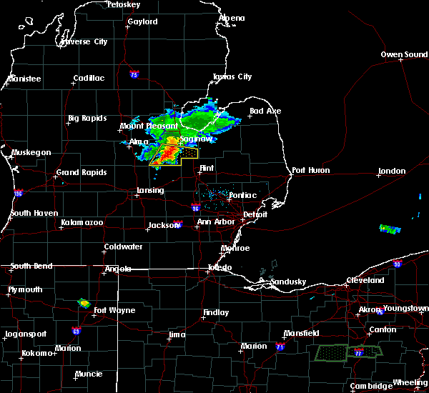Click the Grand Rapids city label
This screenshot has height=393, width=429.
click(82, 172)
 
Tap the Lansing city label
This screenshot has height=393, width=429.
click(150, 191)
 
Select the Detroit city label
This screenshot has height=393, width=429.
click(255, 214)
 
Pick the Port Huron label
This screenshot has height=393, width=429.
click(309, 171)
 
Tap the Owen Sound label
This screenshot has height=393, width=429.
click(403, 55)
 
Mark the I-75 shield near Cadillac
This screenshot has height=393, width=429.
click(134, 74)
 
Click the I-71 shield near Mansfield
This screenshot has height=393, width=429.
click(280, 347)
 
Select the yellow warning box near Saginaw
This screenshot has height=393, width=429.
click(187, 153)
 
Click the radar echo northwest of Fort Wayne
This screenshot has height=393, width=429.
click(84, 303)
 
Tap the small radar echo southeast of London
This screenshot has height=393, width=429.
click(390, 229)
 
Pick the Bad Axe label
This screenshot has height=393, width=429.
click(265, 111)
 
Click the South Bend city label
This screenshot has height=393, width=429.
click(31, 267)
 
